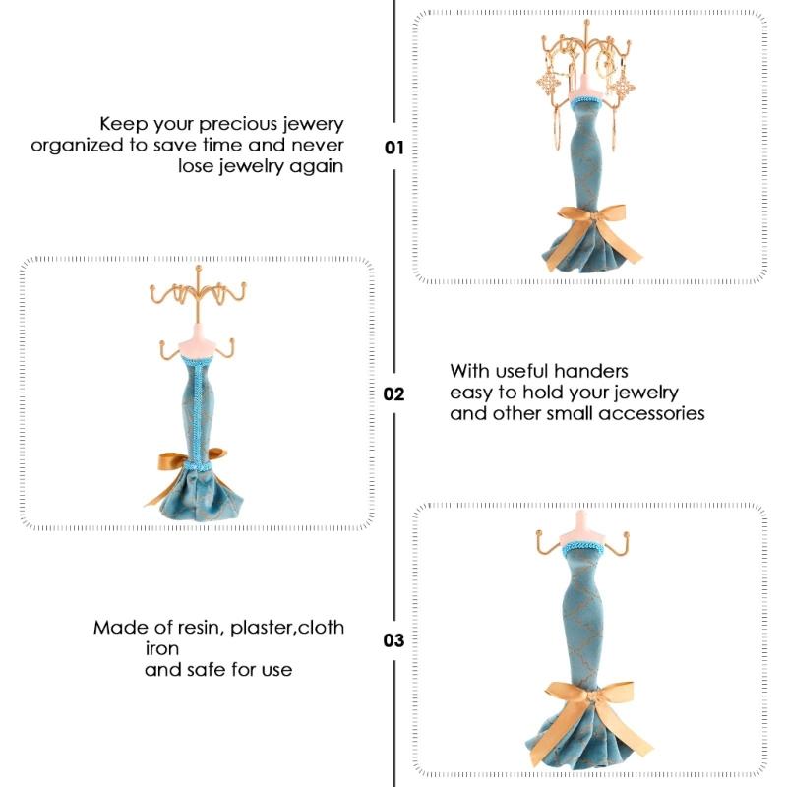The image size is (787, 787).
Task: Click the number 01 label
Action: (393, 149)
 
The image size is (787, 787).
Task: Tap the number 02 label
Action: (393, 393)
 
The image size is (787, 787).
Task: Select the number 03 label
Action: (393, 640)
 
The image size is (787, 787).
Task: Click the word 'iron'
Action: (161, 649)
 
